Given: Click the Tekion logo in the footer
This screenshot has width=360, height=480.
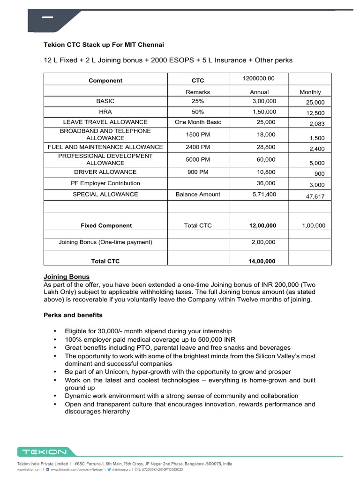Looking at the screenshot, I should coord(42,452).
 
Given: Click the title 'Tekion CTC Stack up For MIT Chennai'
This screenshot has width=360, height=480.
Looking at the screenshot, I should coord(104,45).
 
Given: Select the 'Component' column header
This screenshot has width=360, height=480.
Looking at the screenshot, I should coord(105,81).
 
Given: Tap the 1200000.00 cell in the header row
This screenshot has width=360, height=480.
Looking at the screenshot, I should coord(258,78).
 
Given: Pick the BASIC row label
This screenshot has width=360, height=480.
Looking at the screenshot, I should coord(105,101).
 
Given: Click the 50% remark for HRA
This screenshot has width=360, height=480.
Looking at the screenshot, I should coord(198,112).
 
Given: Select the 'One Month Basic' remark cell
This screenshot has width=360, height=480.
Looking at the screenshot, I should coord(198,122).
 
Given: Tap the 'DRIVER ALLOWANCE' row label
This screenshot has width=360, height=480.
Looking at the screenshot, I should coord(105,172).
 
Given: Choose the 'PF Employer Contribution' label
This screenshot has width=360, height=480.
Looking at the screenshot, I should coord(105,183).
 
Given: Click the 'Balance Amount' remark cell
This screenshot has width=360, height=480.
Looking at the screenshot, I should coord(198,194).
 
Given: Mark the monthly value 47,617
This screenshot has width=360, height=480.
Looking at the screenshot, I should coord(315,197).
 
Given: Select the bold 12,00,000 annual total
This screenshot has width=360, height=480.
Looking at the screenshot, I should coord(262,225).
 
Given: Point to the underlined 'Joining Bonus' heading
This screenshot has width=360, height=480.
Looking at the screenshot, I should coord(67,277).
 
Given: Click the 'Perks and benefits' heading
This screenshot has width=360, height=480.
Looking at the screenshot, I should coord(73,315).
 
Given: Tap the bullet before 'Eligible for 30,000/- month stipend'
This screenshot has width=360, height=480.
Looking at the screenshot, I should coord(56,331).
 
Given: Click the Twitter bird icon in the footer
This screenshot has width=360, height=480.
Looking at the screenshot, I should coord(109,469).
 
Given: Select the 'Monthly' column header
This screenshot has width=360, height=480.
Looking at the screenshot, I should coord(310,92).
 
